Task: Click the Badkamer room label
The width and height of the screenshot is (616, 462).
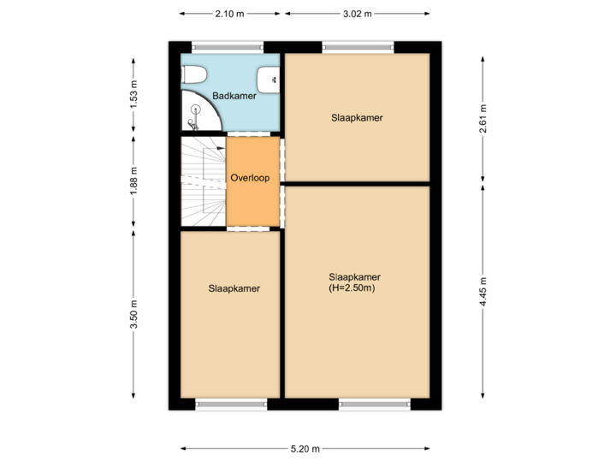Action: tap(234, 97)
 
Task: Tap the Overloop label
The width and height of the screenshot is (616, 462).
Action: tap(250, 179)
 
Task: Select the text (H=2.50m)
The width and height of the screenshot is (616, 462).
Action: tap(353, 288)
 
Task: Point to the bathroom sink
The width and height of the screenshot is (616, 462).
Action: tap(273, 80)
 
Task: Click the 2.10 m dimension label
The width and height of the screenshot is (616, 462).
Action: tap(228, 15)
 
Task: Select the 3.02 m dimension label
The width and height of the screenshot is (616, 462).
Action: tap(357, 15)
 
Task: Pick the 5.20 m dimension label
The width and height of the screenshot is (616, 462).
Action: tap(305, 448)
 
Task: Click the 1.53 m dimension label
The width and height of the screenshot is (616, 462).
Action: tap(133, 95)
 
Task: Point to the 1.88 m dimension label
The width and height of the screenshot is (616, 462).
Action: tap(133, 181)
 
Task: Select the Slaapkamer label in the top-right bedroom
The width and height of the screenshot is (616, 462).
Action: tap(356, 117)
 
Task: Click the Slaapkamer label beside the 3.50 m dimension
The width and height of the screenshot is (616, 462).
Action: tap(234, 288)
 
